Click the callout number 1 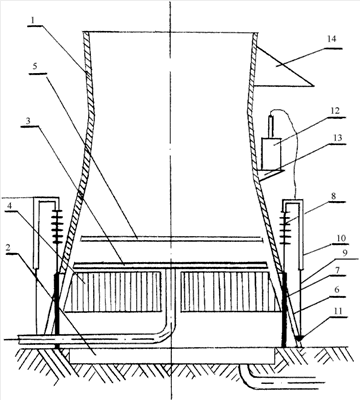[32, 20]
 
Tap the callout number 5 [35, 66]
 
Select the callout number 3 [29, 121]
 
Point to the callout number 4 [10, 206]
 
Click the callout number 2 [9, 247]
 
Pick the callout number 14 [331, 39]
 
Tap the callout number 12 [335, 111]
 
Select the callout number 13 [337, 138]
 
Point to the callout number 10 [341, 239]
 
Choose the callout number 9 [345, 253]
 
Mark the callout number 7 [338, 270]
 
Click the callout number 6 [337, 290]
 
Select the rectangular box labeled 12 [271, 153]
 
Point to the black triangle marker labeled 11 [300, 338]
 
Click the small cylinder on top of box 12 [272, 126]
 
